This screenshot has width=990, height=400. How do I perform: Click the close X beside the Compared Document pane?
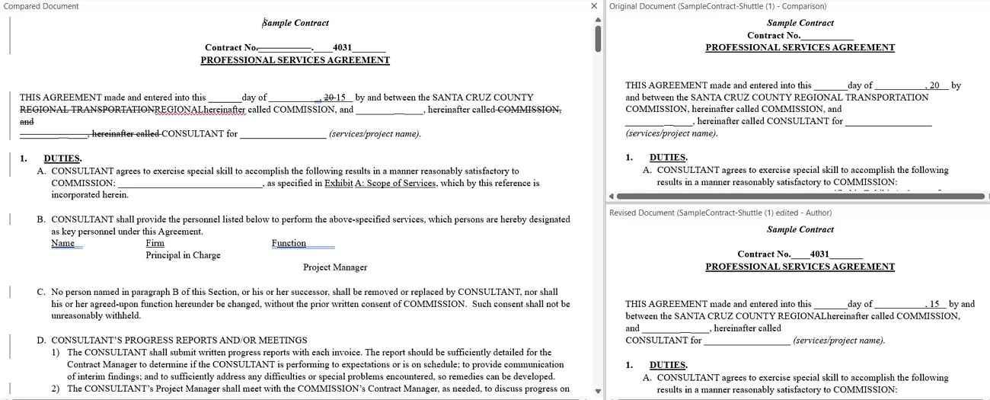595,6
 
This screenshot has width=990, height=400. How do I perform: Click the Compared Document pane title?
41,6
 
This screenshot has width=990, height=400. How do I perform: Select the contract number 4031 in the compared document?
342,47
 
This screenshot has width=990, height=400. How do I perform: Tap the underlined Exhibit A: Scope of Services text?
380,183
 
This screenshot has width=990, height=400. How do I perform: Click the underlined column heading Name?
63,243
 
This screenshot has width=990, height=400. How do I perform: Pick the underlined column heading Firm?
155,243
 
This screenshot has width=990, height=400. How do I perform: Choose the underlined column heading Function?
289,243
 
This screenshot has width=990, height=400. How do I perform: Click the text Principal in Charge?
183,255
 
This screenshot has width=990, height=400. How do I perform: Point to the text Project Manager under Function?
335,267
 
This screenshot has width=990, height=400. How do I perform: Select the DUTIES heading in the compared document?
62,158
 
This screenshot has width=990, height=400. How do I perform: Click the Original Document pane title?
717,6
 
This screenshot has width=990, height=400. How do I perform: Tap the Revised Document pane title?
720,213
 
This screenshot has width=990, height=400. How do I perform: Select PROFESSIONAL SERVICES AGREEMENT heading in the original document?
800,47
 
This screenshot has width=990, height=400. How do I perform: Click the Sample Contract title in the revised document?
800,229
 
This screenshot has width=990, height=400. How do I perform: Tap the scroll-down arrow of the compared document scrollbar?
598,392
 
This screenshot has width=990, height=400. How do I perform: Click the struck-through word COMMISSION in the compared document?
529,109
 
